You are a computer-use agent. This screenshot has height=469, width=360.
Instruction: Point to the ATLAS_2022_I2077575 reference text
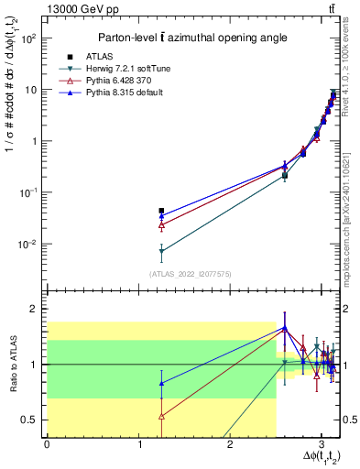[x=190, y=273]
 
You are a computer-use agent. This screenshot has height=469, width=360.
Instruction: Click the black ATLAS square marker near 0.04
[x=161, y=211]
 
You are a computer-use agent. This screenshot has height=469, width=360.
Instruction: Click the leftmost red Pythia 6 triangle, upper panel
[x=161, y=224]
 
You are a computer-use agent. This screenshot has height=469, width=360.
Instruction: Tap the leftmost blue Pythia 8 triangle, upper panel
[x=161, y=217]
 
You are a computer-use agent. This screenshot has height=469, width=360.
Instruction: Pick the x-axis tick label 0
[x=47, y=445]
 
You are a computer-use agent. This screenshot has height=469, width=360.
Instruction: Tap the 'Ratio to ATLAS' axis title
[x=11, y=364]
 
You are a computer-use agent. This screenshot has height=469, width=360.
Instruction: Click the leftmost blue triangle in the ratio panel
[x=161, y=384]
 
